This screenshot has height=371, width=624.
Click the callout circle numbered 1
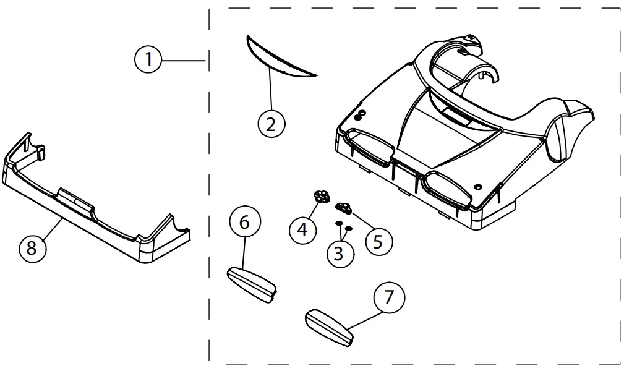pyautogui.click(x=148, y=60)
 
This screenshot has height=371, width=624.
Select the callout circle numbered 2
pyautogui.click(x=271, y=124)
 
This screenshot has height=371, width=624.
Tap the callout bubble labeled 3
pyautogui.click(x=340, y=253)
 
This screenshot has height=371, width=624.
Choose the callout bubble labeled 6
pyautogui.click(x=244, y=222)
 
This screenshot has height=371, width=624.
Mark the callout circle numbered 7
pyautogui.click(x=389, y=297)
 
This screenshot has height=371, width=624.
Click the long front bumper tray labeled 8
pyautogui.click(x=93, y=223)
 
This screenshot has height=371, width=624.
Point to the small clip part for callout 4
pyautogui.click(x=320, y=197)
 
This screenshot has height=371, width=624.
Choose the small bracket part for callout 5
pyautogui.click(x=343, y=207)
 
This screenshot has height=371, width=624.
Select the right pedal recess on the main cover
pyautogui.click(x=446, y=188)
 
